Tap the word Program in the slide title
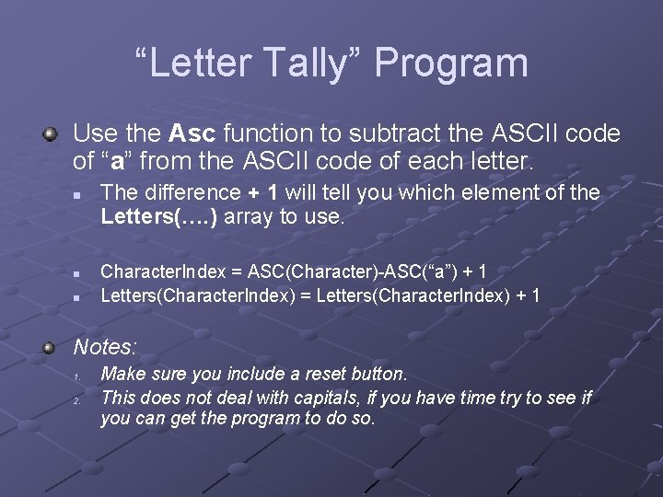[x=451, y=64]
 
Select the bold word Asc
[x=193, y=134]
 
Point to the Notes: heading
[x=105, y=347]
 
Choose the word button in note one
[x=371, y=374]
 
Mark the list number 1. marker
[x=78, y=376]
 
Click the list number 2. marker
[x=78, y=399]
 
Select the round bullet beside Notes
[x=51, y=347]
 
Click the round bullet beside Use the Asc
[x=51, y=134]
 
